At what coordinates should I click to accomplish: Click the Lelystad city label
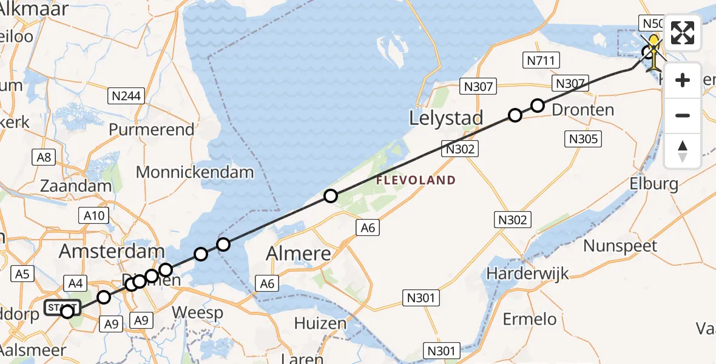coord(446,118)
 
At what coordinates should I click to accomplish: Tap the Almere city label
coord(302,254)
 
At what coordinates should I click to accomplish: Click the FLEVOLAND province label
coord(416,180)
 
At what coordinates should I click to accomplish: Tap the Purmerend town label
coord(152,130)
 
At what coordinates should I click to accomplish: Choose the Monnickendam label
coord(194,172)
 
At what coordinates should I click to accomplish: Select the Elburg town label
coord(653,183)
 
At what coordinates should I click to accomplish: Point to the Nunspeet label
coord(620,246)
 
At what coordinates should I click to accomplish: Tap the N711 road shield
coord(541,60)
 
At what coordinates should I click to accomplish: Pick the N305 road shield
coord(584,139)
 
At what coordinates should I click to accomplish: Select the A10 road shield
coord(93,215)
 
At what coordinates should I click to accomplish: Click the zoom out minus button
coord(683,115)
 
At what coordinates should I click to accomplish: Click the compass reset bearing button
coord(683,150)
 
